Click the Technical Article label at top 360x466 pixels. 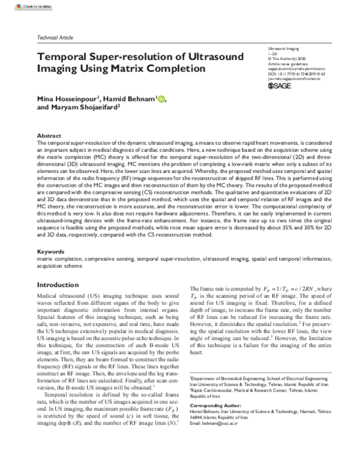pyautogui.click(x=55, y=37)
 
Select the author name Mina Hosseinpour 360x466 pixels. pyautogui.click(x=69, y=98)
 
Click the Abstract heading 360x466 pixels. pyautogui.click(x=49, y=136)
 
